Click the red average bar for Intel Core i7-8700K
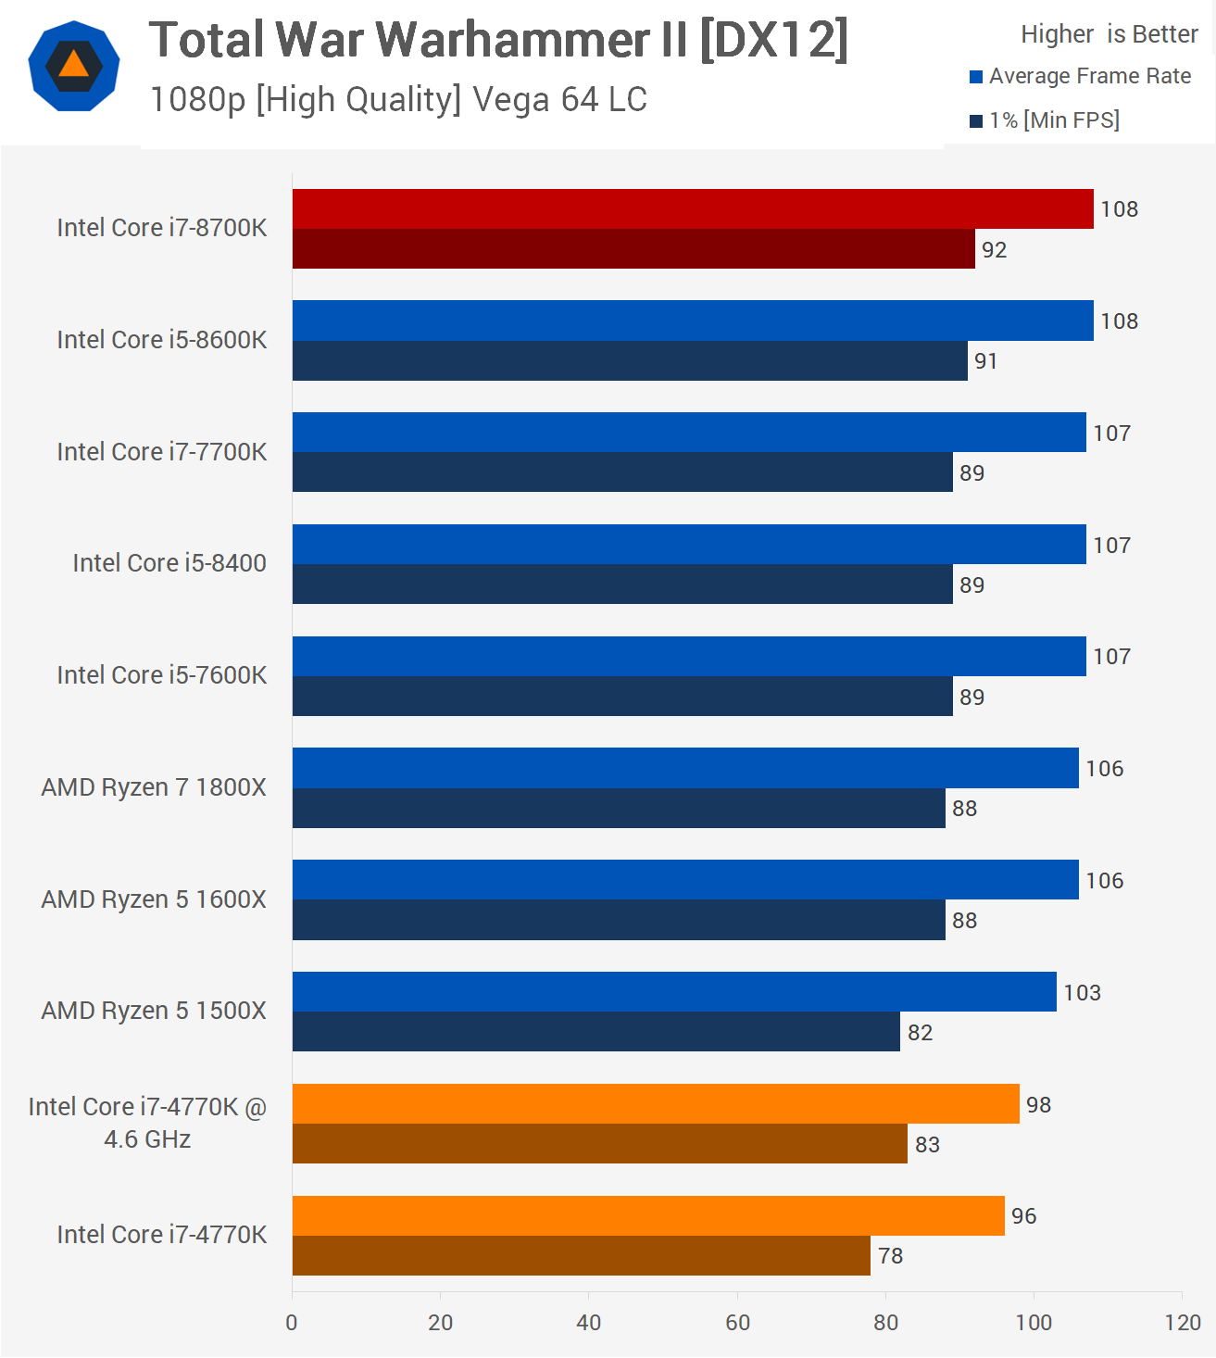point(693,209)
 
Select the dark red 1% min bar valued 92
point(633,249)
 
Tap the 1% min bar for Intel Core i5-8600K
point(630,361)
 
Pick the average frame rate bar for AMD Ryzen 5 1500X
point(674,992)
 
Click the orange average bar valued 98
point(656,1104)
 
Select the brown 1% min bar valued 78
point(582,1256)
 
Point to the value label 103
point(1082,993)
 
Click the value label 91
point(985,361)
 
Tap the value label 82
point(920,1033)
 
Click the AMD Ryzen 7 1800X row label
point(154,787)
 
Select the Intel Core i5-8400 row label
point(169,563)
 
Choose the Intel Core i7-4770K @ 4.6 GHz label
point(147,1123)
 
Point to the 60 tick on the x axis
point(737,1323)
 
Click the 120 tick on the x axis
point(1183,1323)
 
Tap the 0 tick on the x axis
point(292,1323)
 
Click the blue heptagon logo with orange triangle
point(74,67)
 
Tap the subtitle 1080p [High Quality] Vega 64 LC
point(398,99)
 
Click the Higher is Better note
point(1109,34)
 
